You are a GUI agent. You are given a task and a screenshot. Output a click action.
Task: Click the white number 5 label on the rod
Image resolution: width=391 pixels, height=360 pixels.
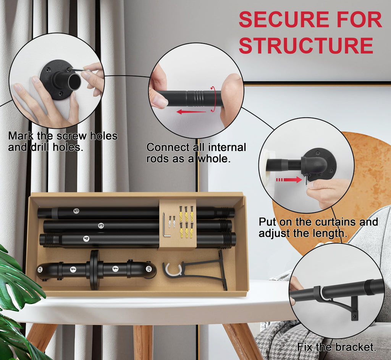click(76, 211)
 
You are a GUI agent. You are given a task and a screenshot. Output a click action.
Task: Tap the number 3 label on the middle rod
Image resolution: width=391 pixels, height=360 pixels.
click(101, 226)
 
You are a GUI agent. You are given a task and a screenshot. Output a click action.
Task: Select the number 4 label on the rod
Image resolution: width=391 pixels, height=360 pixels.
click(86, 239)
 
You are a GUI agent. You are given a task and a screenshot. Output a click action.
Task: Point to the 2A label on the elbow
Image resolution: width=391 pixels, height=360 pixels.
click(40, 270)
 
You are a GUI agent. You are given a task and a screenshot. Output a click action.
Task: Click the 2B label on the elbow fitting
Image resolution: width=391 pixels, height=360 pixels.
click(149, 269)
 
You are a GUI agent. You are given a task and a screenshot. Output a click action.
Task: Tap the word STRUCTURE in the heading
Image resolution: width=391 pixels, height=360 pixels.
click(306, 45)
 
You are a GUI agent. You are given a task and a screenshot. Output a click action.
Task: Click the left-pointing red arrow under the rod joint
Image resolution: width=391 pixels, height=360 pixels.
click(191, 112)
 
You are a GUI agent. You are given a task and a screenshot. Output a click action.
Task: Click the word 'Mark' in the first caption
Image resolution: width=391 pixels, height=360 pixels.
click(21, 136)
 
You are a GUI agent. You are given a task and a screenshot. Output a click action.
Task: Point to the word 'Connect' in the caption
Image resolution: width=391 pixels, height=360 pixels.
click(168, 147)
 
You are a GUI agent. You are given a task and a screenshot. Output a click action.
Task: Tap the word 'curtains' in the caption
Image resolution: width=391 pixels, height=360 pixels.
click(335, 222)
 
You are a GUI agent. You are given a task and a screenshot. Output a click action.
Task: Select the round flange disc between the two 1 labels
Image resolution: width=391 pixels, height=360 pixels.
click(94, 270)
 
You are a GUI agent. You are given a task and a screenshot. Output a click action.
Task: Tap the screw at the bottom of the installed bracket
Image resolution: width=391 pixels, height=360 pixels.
click(354, 316)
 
